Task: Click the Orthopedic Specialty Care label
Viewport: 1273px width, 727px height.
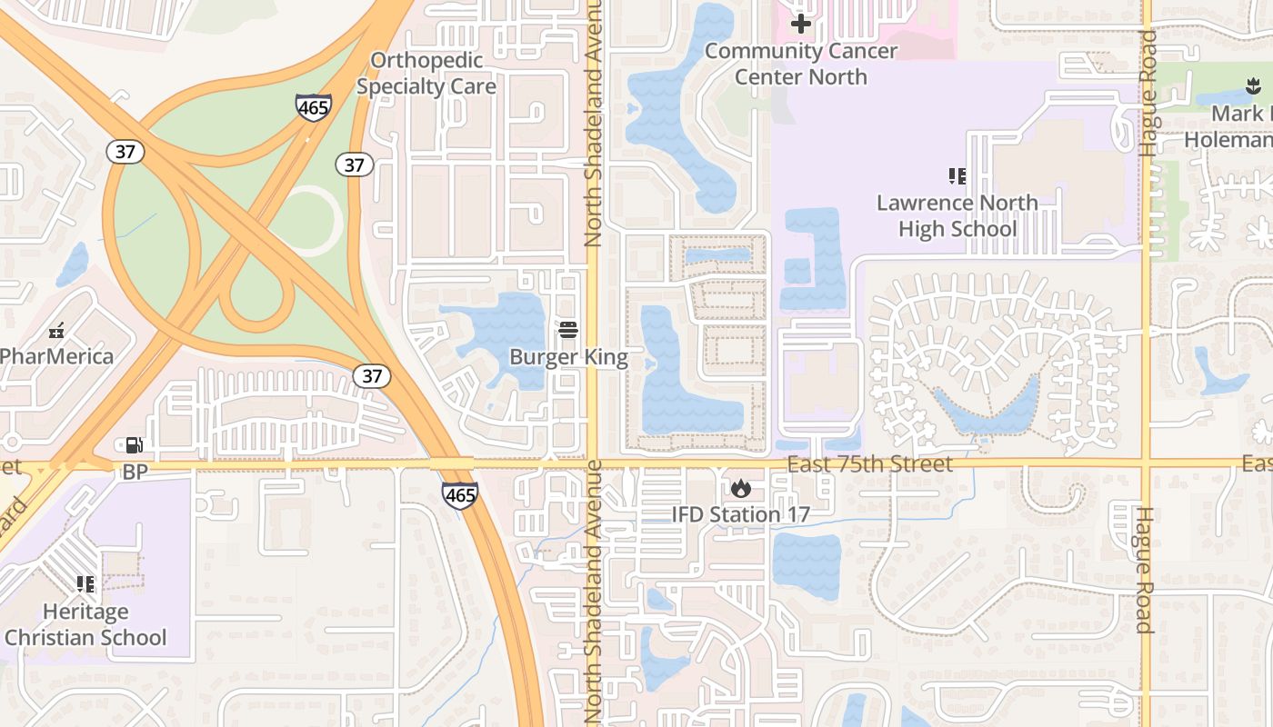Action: click(426, 74)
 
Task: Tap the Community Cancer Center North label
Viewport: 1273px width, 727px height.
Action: click(801, 64)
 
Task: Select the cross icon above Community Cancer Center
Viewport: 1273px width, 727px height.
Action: click(801, 24)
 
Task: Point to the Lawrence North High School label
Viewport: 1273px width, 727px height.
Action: click(957, 215)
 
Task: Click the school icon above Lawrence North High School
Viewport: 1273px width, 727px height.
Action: click(957, 175)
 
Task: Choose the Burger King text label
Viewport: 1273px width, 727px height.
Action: click(568, 357)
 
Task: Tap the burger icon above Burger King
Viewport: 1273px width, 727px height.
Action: click(568, 329)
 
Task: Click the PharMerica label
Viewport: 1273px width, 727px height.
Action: click(56, 355)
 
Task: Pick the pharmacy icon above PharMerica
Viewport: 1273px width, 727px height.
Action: click(56, 330)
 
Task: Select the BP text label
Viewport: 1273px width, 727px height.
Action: click(135, 472)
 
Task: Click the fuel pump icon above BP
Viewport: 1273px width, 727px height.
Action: click(134, 445)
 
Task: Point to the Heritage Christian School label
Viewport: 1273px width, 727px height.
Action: click(85, 624)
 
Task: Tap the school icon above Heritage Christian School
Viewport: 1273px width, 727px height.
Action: click(85, 583)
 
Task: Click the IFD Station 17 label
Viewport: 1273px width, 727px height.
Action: click(740, 514)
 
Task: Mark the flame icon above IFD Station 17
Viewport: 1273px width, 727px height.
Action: click(741, 489)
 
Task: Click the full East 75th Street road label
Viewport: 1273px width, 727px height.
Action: click(869, 464)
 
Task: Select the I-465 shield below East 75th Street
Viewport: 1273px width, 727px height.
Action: click(460, 495)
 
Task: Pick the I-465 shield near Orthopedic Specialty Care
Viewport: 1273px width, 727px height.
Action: click(313, 107)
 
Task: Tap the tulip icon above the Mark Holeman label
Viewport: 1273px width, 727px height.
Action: click(1253, 87)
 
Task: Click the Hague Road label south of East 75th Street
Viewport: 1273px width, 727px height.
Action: click(1143, 570)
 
